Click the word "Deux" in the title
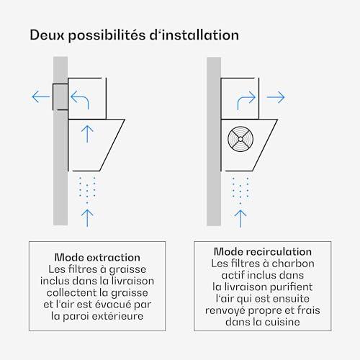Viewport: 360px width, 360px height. [48, 35]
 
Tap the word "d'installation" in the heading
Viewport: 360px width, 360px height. [194, 35]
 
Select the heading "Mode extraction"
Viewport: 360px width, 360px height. [97, 258]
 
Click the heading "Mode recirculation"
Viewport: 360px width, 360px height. [263, 252]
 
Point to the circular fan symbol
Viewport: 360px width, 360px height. [240, 139]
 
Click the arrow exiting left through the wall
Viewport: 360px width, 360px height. [41, 96]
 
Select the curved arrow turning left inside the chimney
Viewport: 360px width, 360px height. [80, 99]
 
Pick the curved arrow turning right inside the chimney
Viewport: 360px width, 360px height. [246, 100]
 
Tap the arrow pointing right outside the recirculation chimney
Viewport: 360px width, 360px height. [276, 97]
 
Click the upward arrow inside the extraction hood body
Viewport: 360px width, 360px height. [87, 134]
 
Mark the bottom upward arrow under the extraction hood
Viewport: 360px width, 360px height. [87, 218]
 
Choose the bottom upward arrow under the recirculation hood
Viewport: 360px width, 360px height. [240, 219]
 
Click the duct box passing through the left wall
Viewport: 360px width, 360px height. [60, 96]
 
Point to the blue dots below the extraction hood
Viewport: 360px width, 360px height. [87, 190]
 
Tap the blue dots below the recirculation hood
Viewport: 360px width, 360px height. [240, 191]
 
